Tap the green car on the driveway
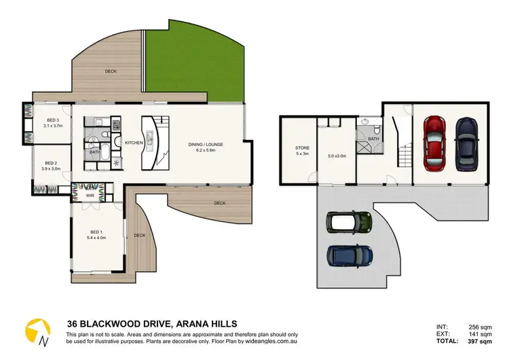[x=349, y=222]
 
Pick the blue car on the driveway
[x=349, y=255]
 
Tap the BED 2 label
[x=51, y=163]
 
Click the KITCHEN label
[x=132, y=143]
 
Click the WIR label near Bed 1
[x=90, y=195]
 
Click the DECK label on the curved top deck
[x=111, y=71]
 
